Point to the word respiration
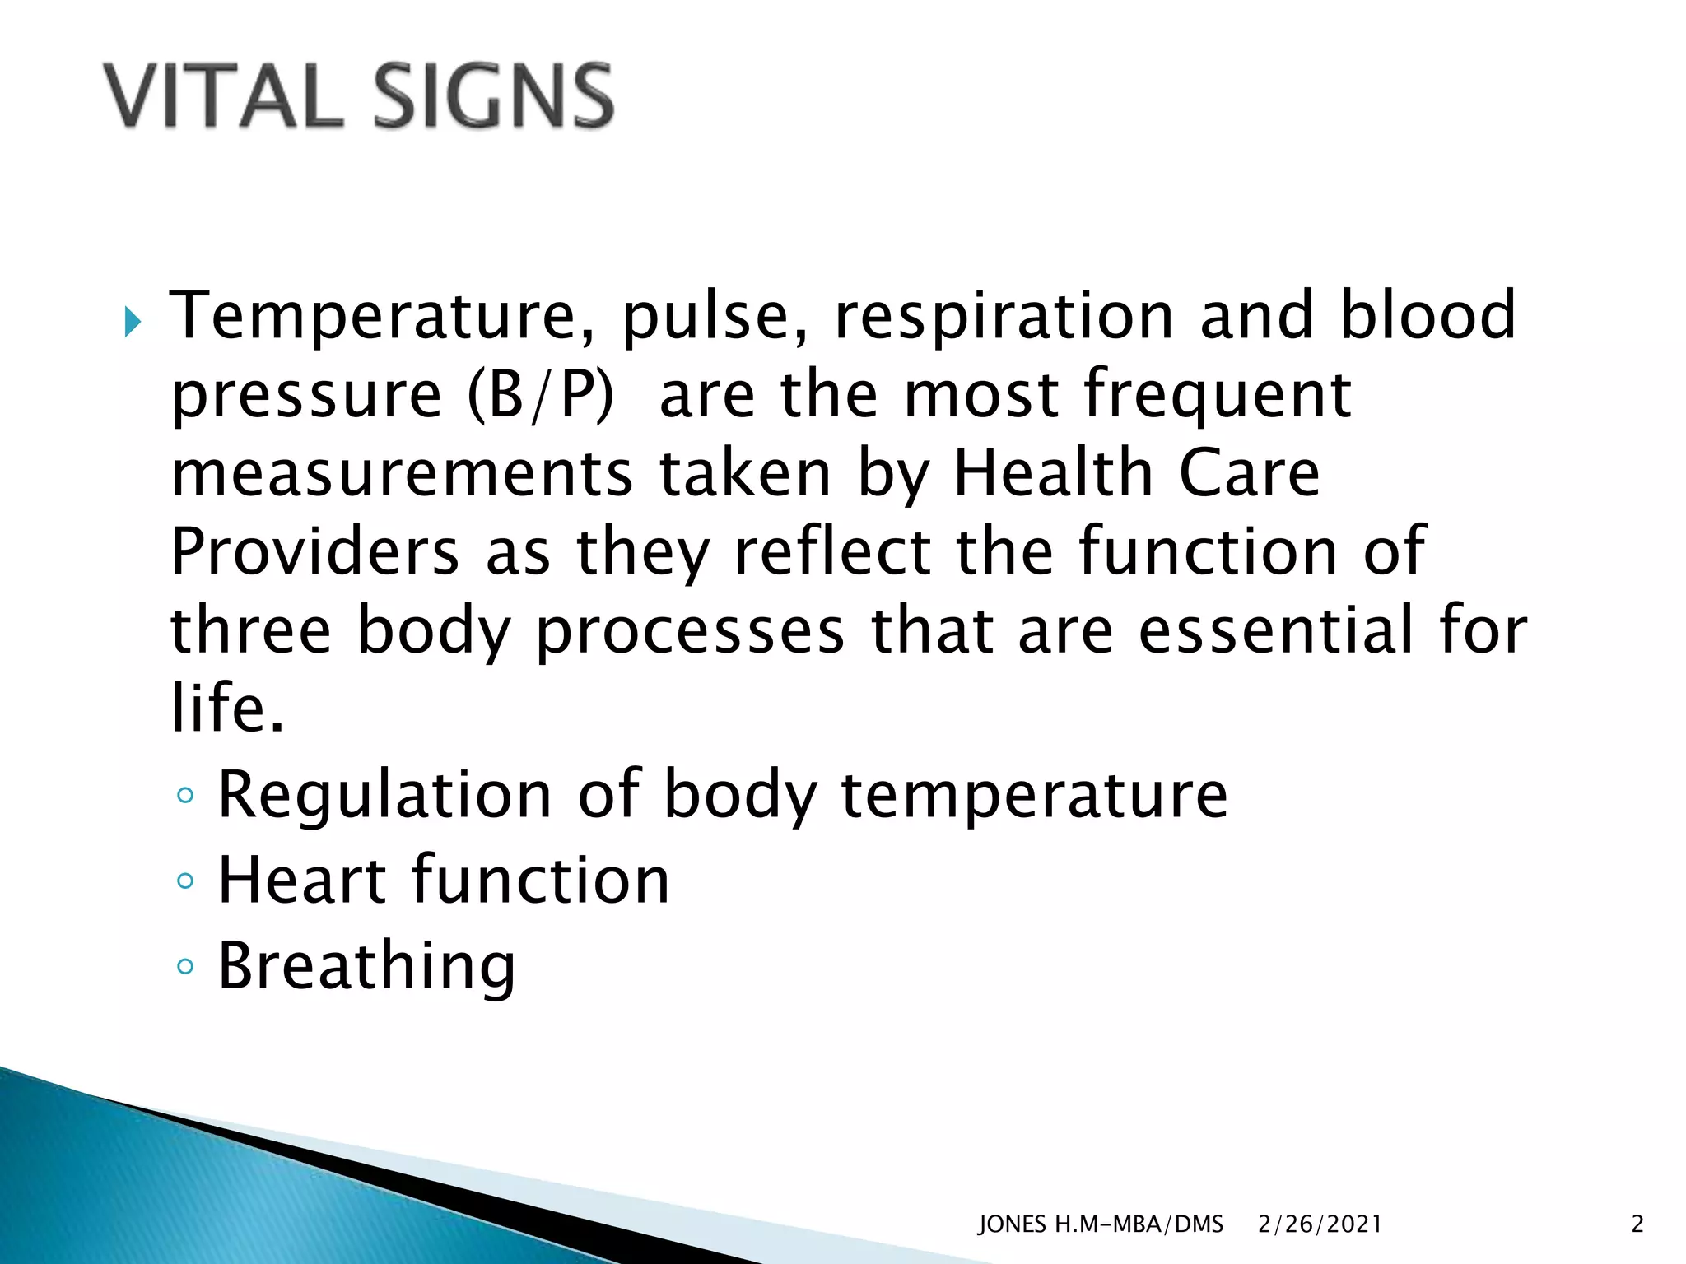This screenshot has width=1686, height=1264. (x=1004, y=317)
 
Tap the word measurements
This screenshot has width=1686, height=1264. (x=402, y=474)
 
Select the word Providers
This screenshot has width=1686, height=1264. (x=314, y=551)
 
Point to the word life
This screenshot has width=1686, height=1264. (x=227, y=708)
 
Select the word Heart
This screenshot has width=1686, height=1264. (x=301, y=881)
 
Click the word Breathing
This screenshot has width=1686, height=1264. (x=366, y=967)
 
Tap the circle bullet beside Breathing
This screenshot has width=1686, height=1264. (x=186, y=967)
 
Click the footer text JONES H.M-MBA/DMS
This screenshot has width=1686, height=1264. (x=1101, y=1225)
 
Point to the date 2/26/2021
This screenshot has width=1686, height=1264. (x=1320, y=1225)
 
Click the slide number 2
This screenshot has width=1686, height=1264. (x=1637, y=1225)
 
